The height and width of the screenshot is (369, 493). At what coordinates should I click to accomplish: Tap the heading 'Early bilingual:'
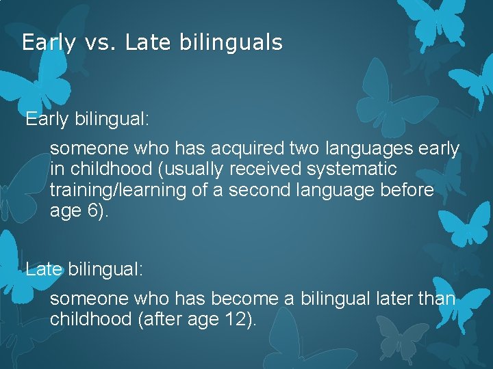(87, 120)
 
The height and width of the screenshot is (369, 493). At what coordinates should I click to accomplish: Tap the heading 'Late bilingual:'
(85, 269)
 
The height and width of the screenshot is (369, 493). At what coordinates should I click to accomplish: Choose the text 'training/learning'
(118, 190)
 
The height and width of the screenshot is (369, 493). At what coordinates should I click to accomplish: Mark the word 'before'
(405, 190)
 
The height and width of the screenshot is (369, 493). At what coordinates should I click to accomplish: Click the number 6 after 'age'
(93, 211)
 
